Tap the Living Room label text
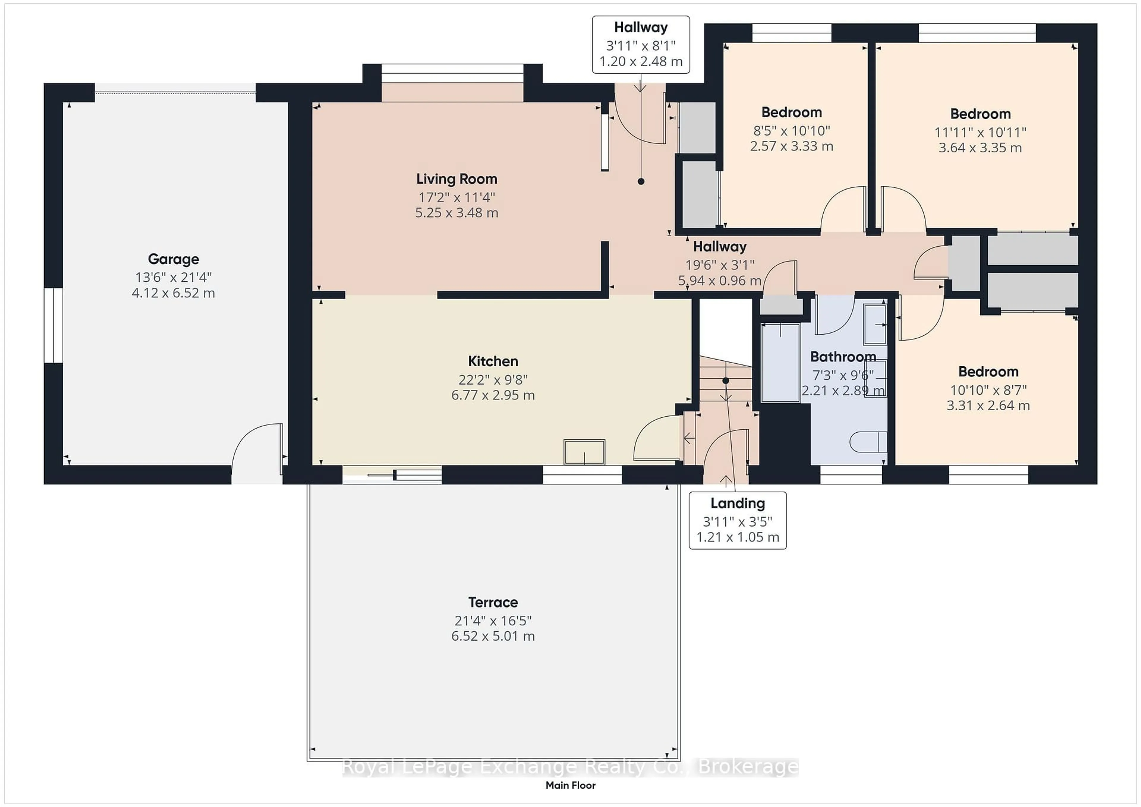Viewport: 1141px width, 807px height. (457, 179)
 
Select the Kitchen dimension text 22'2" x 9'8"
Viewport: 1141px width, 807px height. (493, 380)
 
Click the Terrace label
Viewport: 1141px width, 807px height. (493, 602)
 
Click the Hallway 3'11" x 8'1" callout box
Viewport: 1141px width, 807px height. (641, 45)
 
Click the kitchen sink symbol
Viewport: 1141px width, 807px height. (584, 452)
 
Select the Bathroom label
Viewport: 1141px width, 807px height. (843, 357)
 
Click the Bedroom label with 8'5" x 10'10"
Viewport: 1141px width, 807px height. (792, 112)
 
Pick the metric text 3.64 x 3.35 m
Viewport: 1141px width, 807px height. (980, 148)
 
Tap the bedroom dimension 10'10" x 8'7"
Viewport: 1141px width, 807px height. (989, 390)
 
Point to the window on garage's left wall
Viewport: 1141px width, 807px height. (53, 325)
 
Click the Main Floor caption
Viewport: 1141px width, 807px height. (570, 785)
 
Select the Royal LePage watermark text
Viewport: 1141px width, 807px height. (570, 767)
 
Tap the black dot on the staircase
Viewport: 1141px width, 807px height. (726, 381)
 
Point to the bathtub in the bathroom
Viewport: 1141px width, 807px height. (781, 363)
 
